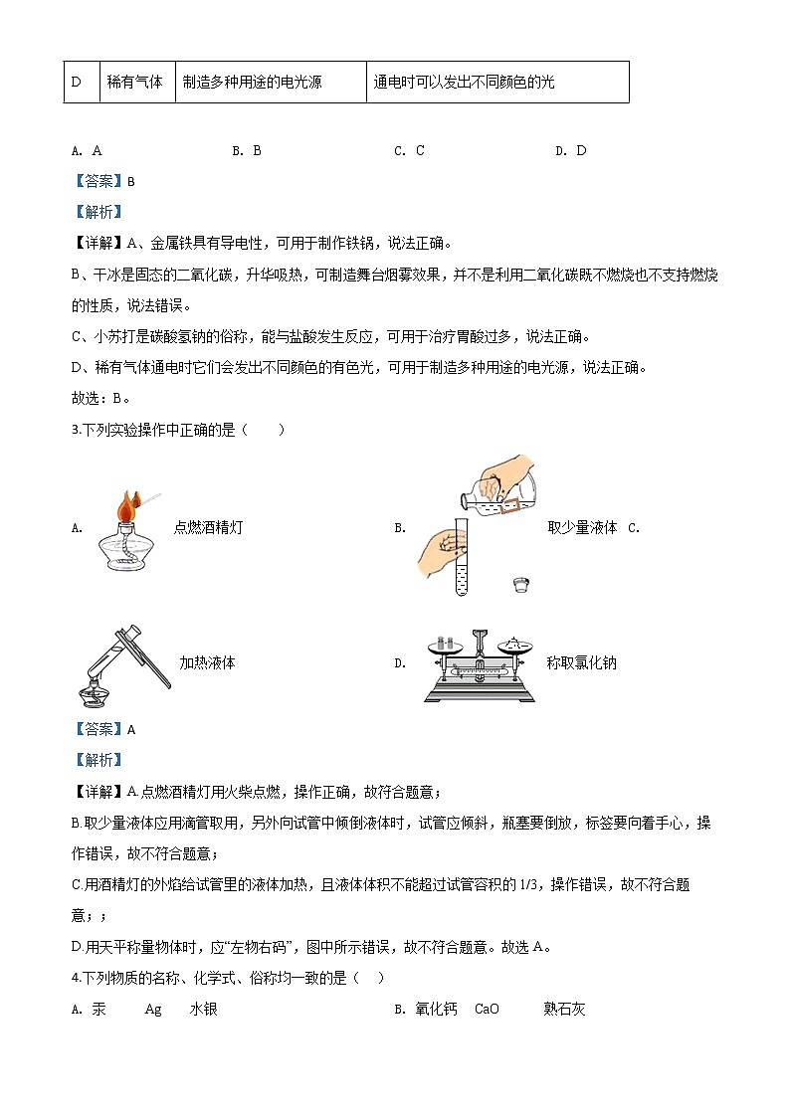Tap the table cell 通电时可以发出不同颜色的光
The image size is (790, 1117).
[x=464, y=83]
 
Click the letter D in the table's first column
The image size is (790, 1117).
[x=77, y=83]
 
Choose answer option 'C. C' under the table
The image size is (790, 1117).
[x=409, y=151]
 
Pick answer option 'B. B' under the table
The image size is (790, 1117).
[x=247, y=151]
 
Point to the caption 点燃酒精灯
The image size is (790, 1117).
[x=208, y=528]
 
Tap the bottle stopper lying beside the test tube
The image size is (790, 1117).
[x=517, y=584]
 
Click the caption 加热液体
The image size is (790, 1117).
[x=207, y=662]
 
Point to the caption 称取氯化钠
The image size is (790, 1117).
[x=581, y=662]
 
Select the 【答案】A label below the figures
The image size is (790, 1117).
[x=104, y=729]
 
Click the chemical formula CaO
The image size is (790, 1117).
[x=487, y=1009]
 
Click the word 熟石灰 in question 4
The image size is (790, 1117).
[x=564, y=1009]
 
